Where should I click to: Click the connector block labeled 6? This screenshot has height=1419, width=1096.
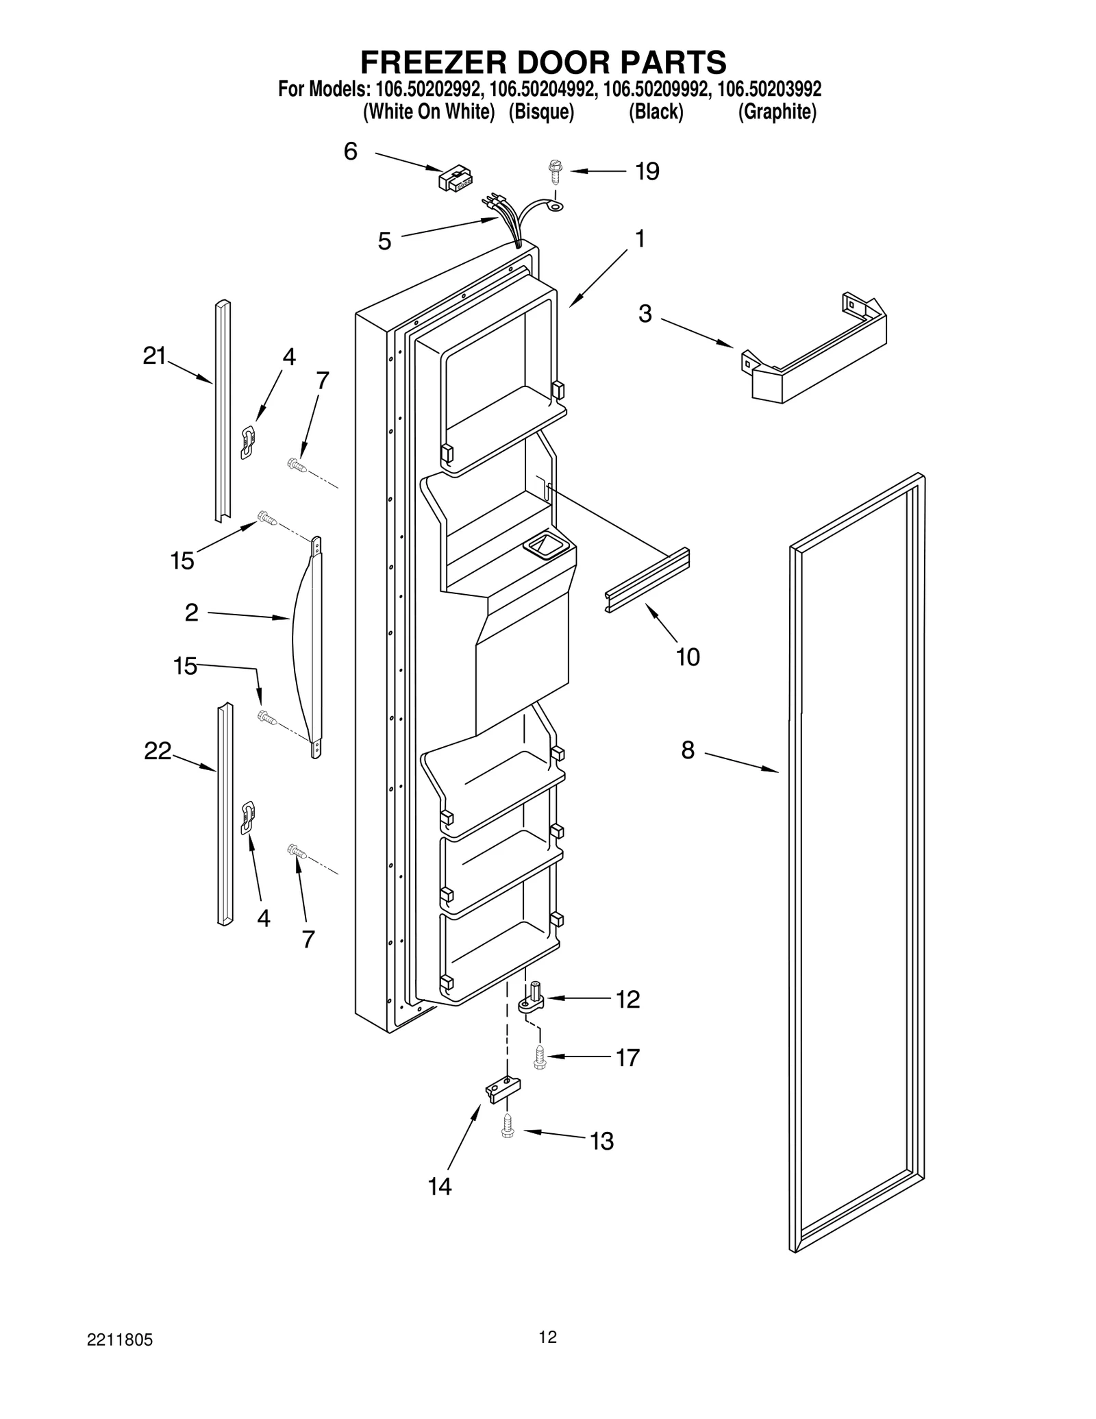click(x=454, y=178)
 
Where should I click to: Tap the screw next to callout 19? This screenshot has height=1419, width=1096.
click(x=555, y=171)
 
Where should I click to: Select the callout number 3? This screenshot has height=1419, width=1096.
click(x=645, y=314)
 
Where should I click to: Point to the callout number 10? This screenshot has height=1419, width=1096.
click(x=688, y=657)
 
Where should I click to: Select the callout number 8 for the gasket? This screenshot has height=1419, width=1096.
click(x=688, y=750)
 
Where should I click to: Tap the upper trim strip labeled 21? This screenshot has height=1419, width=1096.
click(x=223, y=411)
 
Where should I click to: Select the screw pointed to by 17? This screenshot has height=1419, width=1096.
click(x=539, y=1059)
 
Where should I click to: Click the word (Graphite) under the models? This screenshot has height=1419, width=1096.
click(x=777, y=112)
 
